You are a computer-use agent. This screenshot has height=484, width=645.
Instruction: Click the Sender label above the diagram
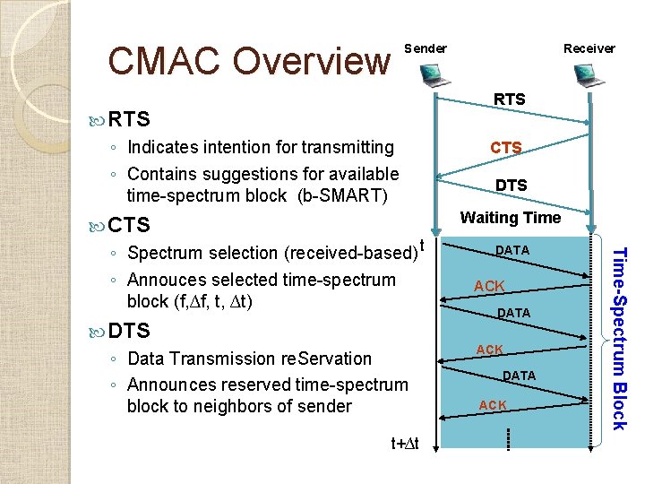[x=426, y=48]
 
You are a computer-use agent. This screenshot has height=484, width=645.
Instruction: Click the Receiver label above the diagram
[x=589, y=48]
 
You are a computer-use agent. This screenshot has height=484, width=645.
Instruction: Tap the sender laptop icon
[x=434, y=79]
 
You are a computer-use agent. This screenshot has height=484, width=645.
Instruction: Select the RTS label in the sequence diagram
[x=510, y=99]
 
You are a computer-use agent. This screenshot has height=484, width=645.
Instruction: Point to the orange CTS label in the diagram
[x=505, y=147]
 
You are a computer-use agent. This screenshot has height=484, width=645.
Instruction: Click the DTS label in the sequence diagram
[x=511, y=186]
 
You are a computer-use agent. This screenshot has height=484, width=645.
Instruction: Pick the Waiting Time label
[x=510, y=218]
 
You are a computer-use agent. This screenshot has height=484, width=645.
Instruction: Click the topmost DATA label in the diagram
[x=512, y=250]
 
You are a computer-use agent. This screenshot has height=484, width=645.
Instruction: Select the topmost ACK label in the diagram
[x=489, y=286]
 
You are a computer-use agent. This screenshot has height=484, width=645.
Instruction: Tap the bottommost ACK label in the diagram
[x=492, y=406]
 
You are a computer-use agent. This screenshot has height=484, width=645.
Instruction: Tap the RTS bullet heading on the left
[x=129, y=119]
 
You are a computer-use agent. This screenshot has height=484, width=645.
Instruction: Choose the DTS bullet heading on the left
[x=129, y=331]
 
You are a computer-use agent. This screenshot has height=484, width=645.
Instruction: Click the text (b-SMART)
[x=343, y=195]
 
